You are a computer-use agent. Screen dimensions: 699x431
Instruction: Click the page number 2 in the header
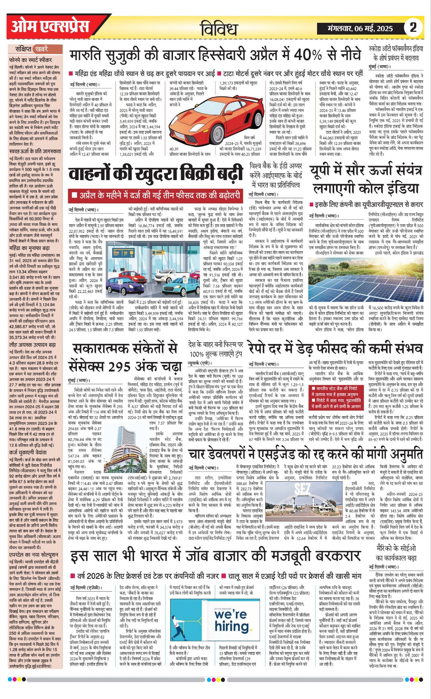(x=413, y=27)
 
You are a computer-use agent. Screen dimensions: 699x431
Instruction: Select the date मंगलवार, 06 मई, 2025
(x=360, y=28)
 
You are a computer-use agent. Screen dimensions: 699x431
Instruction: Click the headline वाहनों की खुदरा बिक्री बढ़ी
(x=155, y=174)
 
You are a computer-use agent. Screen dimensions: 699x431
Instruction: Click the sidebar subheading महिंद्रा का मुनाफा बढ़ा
(x=30, y=248)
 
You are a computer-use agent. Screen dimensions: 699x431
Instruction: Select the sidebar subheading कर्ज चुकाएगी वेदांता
(x=30, y=453)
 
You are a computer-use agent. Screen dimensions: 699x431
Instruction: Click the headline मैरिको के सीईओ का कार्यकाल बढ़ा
(x=396, y=553)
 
